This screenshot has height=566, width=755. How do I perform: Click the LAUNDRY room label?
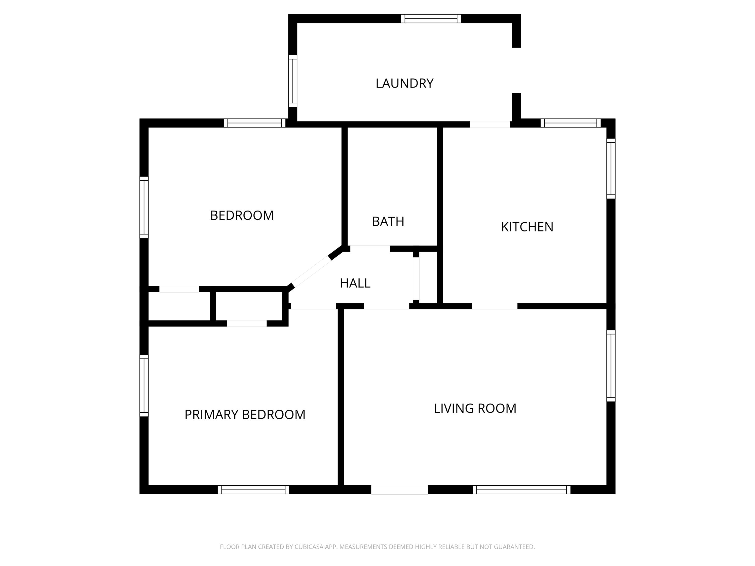(404, 84)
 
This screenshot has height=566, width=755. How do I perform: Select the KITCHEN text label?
(527, 227)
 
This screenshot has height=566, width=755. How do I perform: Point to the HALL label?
(355, 283)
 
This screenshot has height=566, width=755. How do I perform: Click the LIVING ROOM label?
(475, 408)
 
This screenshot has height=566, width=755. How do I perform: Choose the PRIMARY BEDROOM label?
(245, 415)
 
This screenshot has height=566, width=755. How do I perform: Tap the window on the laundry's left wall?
(292, 81)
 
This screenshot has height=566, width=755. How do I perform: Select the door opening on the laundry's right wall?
(516, 70)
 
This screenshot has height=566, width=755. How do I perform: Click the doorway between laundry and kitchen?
(490, 125)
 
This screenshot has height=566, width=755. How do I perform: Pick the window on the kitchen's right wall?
(611, 169)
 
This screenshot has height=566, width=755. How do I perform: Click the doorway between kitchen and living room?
(495, 306)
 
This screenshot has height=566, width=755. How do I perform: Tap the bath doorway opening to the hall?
(370, 248)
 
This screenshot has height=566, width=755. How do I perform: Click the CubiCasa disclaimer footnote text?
(377, 547)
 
